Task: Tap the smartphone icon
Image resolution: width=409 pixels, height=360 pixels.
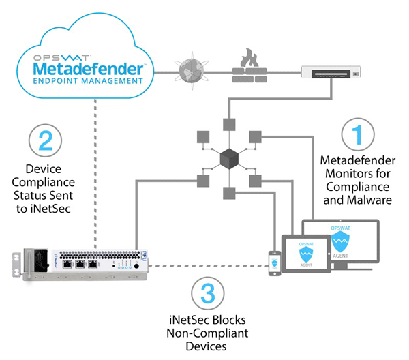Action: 274,262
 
